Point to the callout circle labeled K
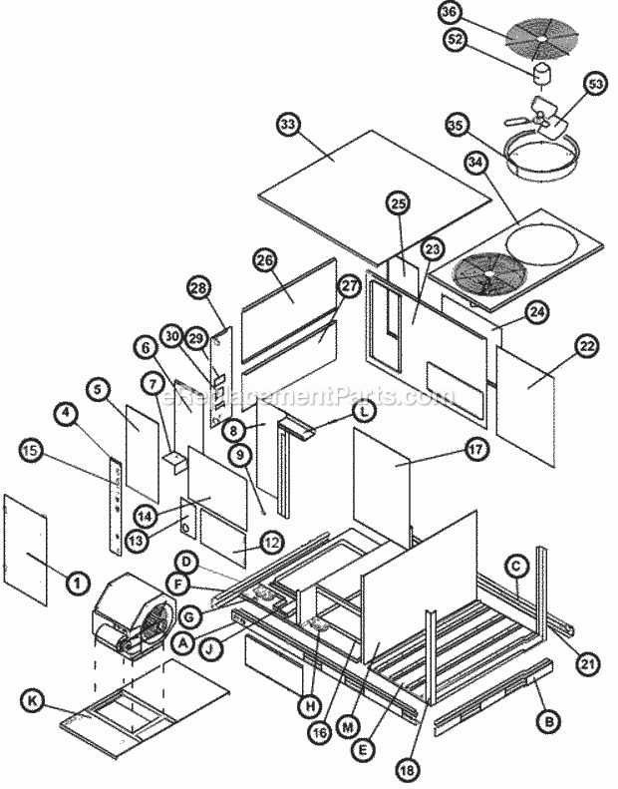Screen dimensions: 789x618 [34, 703]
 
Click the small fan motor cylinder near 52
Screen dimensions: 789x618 [543, 75]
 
